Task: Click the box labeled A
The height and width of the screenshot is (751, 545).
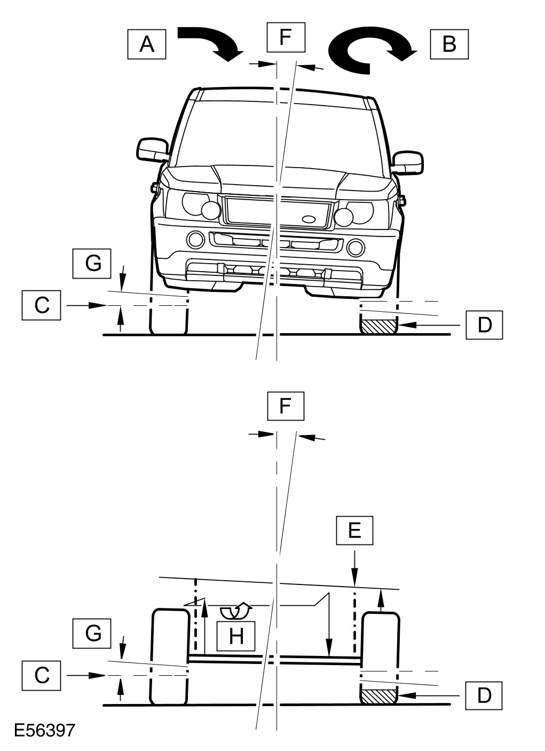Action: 147,44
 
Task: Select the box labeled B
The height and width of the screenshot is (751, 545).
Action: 449,44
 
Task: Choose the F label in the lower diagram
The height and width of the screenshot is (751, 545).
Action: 286,407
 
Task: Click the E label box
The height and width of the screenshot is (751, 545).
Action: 354,530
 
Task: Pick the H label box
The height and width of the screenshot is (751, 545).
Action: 235,635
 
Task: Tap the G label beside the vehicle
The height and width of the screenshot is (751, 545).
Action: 93,263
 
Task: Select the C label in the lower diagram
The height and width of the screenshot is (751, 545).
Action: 42,675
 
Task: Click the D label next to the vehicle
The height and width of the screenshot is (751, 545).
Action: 484,324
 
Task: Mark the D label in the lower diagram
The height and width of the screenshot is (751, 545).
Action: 484,695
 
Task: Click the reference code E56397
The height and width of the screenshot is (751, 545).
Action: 44,731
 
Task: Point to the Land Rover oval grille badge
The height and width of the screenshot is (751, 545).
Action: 309,219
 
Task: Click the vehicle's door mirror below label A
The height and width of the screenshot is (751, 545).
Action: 153,149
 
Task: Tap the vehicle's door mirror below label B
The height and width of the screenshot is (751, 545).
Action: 408,162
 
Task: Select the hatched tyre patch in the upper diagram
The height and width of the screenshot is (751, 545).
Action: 379,325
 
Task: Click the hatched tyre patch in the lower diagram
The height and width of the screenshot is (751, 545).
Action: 379,695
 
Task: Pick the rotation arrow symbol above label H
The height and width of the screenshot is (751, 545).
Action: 235,610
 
